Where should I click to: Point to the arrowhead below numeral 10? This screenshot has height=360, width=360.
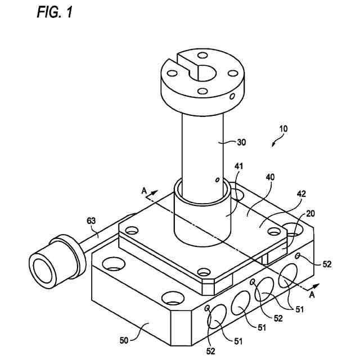tap(273, 144)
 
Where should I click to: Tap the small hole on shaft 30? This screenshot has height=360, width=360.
tap(217, 181)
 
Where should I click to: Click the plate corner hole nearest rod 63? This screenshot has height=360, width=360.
tap(132, 231)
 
